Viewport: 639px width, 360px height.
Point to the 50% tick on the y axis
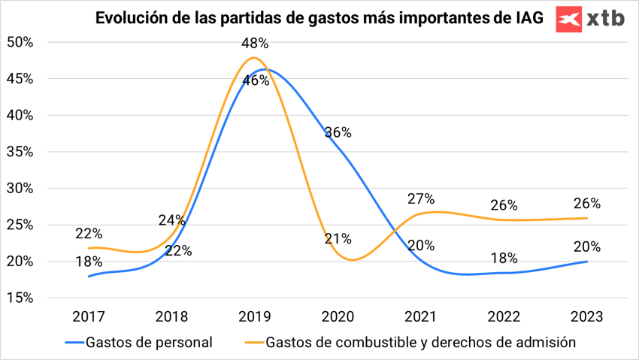(x=20, y=42)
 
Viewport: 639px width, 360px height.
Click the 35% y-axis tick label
(x=20, y=152)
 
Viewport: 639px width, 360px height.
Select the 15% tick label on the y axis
(x=20, y=298)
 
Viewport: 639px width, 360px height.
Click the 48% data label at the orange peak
(x=255, y=44)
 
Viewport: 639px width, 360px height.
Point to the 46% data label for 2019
(x=256, y=80)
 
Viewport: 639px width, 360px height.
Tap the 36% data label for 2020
(x=338, y=133)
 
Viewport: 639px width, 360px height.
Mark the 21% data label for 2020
(x=338, y=239)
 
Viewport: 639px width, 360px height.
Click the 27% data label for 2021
(x=421, y=199)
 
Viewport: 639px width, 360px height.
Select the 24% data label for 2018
(x=173, y=220)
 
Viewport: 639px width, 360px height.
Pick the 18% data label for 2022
(x=504, y=258)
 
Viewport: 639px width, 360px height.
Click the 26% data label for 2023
(x=586, y=203)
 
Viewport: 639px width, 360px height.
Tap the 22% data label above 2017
(x=89, y=234)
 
